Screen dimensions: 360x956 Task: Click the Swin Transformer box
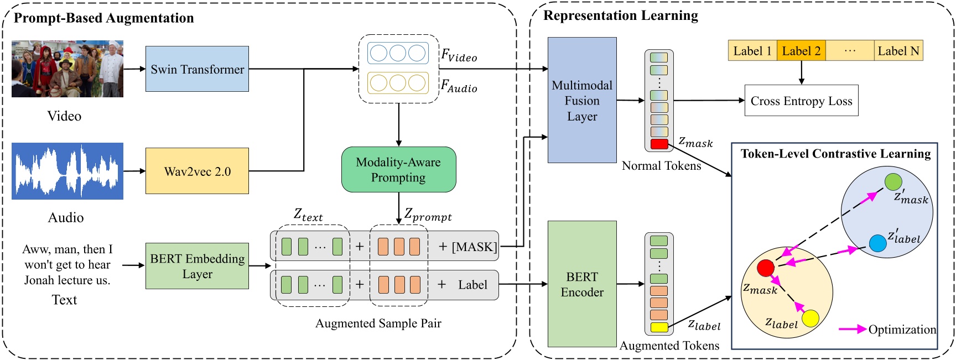pyautogui.click(x=197, y=69)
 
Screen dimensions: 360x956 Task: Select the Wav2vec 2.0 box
pyautogui.click(x=197, y=171)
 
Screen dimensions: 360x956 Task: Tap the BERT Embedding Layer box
pyautogui.click(x=197, y=266)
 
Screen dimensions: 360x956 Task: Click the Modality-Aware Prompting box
pyautogui.click(x=398, y=170)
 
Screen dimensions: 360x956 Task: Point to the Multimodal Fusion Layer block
pyautogui.click(x=582, y=100)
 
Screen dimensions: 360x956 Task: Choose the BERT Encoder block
pyautogui.click(x=582, y=284)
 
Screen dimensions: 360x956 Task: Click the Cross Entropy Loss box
pyautogui.click(x=801, y=101)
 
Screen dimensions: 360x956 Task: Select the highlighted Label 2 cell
pyautogui.click(x=801, y=51)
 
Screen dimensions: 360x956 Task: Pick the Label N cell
pyautogui.click(x=898, y=51)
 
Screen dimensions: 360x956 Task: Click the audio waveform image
pyautogui.click(x=67, y=171)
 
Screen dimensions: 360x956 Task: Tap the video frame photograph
pyautogui.click(x=67, y=69)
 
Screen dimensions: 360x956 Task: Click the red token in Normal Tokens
pyautogui.click(x=659, y=144)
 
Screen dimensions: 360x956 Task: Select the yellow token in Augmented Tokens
pyautogui.click(x=659, y=327)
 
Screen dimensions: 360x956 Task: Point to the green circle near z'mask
pyautogui.click(x=893, y=181)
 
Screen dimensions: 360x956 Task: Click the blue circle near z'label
pyautogui.click(x=877, y=243)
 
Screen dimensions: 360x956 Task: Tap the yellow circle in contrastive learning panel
pyautogui.click(x=810, y=319)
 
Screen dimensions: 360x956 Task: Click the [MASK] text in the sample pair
pyautogui.click(x=474, y=247)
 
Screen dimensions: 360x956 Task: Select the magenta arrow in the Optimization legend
pyautogui.click(x=852, y=329)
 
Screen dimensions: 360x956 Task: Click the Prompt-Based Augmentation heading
pyautogui.click(x=104, y=18)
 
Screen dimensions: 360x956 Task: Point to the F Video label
pyautogui.click(x=459, y=56)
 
